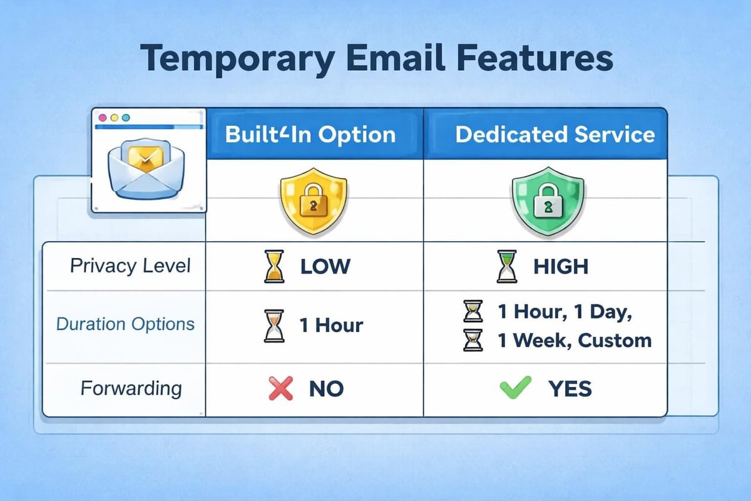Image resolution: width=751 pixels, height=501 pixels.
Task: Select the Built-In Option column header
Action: pyautogui.click(x=310, y=135)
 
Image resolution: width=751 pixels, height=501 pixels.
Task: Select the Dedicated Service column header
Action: pyautogui.click(x=555, y=135)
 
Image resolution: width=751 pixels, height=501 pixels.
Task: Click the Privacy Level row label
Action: pyautogui.click(x=130, y=266)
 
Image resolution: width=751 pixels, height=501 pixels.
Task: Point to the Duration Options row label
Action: pyautogui.click(x=125, y=324)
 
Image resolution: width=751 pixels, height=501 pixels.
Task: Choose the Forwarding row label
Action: pyautogui.click(x=131, y=388)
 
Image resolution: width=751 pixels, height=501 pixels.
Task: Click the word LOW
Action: pyautogui.click(x=325, y=267)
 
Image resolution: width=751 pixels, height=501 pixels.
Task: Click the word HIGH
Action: pyautogui.click(x=561, y=267)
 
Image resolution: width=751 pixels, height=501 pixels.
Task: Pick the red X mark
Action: pyautogui.click(x=281, y=388)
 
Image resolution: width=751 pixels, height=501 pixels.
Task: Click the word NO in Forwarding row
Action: pyautogui.click(x=326, y=389)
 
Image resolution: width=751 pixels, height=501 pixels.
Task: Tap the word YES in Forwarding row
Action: pyautogui.click(x=570, y=389)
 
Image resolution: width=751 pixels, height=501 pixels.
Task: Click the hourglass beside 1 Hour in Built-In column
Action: pyautogui.click(x=272, y=326)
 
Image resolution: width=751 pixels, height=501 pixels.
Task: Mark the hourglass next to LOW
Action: pyautogui.click(x=272, y=267)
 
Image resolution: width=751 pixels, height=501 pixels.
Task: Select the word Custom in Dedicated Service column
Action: pyautogui.click(x=615, y=341)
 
